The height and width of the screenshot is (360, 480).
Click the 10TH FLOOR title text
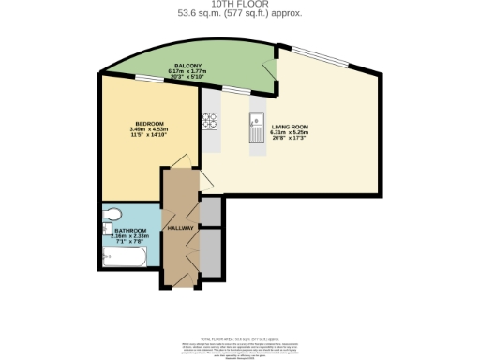239,4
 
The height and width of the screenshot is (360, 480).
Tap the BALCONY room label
184,66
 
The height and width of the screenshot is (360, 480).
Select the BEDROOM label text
150,125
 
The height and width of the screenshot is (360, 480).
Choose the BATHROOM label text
130,230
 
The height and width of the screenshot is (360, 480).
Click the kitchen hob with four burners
210,122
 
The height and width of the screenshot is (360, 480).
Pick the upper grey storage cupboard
212,212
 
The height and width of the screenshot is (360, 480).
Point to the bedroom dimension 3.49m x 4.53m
150,131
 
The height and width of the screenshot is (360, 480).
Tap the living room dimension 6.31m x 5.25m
290,132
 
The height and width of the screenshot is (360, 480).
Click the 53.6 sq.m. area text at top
239,13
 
